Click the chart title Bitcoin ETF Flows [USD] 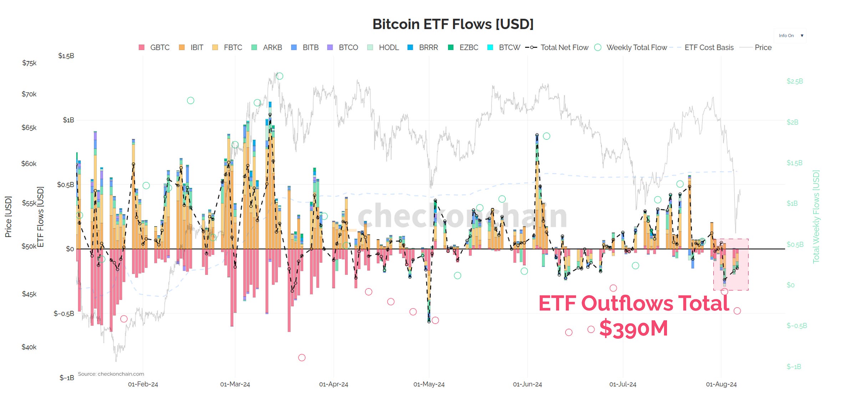click(453, 24)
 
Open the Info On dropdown click(790, 36)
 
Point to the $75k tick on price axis click(29, 63)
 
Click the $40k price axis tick click(29, 347)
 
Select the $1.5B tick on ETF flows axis click(66, 56)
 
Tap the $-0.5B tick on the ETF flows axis click(64, 314)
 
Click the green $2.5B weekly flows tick click(795, 81)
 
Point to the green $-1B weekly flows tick click(794, 367)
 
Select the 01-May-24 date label click(429, 384)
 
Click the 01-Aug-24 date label click(721, 384)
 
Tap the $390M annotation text click(633, 329)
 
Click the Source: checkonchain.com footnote click(111, 374)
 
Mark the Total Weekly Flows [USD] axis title click(816, 217)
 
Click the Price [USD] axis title click(8, 217)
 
